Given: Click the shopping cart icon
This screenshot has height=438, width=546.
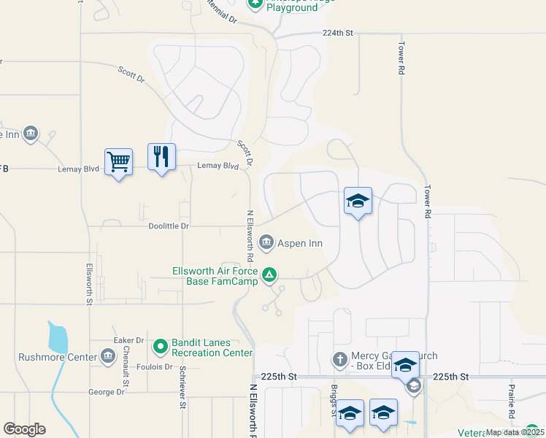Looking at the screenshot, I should pos(118,161).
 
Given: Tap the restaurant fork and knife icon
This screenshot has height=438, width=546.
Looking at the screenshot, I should pos(161,157).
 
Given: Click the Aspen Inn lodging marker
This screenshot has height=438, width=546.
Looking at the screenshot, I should pos(266,242).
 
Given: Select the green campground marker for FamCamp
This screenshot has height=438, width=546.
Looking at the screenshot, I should pos(269,275).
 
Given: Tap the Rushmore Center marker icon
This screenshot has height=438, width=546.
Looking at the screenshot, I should pos(108,356).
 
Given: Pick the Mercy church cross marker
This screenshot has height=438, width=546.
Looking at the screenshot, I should pos(339,359).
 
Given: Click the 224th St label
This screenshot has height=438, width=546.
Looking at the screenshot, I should pos(338,33).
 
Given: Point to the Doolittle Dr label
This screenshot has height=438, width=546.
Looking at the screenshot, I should pos(169,226).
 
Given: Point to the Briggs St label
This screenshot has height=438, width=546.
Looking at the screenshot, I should pos(334,401).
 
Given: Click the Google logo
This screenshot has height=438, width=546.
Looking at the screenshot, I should pos(24,429).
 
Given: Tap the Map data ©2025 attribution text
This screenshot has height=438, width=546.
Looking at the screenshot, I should pos(515,432).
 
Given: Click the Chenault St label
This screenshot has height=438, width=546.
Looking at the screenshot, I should pos(126,364).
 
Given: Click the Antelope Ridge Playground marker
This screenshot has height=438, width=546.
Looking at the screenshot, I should pos(255,4).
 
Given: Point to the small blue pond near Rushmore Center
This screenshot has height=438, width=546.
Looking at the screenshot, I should pos(58,338).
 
